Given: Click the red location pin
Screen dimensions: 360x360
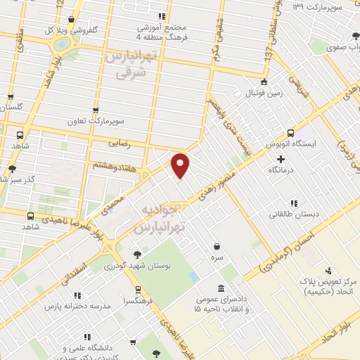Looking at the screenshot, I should [x=181, y=165].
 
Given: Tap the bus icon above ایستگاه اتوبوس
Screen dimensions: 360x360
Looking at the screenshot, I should [x=290, y=132].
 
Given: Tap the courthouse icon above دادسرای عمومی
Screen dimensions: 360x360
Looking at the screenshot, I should [x=221, y=289].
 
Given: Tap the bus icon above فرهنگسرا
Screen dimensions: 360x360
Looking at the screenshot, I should [x=138, y=289].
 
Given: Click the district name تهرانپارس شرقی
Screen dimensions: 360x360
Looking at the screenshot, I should [x=127, y=65].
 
